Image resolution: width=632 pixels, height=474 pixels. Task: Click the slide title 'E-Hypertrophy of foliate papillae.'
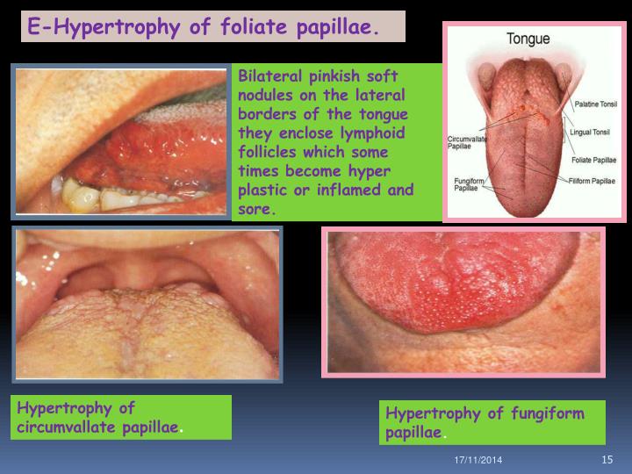[x=204, y=26]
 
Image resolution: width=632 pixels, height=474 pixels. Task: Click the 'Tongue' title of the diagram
[x=527, y=39]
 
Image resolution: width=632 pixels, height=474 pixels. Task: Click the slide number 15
[x=606, y=461]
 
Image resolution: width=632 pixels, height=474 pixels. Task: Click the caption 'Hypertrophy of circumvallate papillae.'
[x=101, y=417]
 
